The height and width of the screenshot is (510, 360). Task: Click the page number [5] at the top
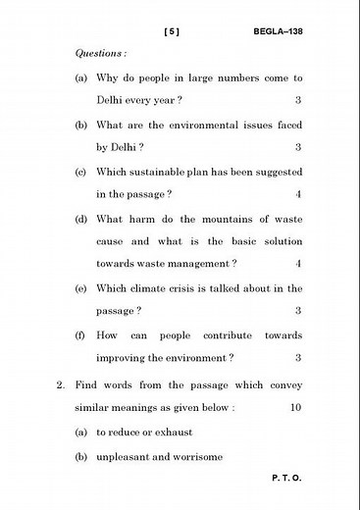point(173,31)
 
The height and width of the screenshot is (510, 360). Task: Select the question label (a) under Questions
point(80,77)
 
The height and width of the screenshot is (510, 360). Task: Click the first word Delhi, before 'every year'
point(113,100)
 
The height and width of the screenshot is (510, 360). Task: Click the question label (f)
point(79,334)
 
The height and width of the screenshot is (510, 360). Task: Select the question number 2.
point(60,385)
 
